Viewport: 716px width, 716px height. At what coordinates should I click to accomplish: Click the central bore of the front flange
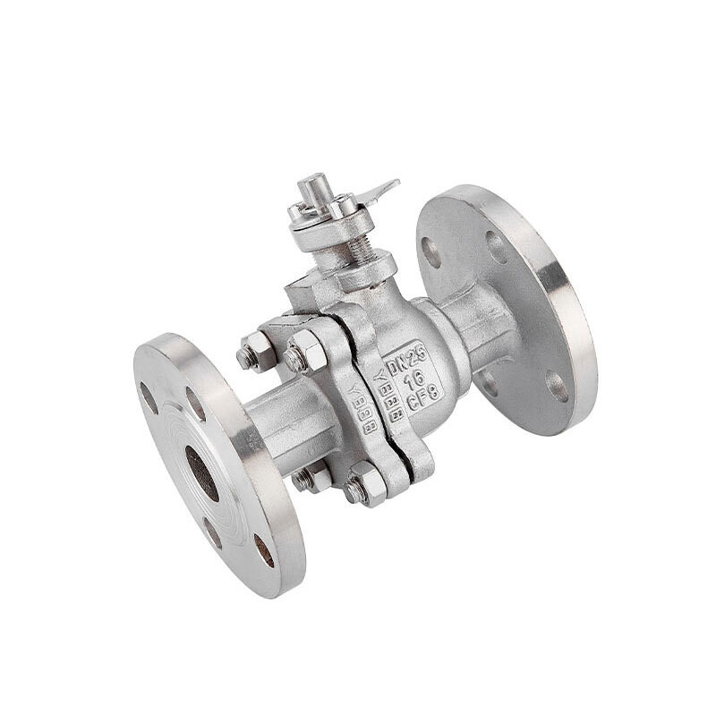(x=201, y=472)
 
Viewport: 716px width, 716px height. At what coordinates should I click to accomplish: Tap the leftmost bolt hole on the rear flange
(x=432, y=251)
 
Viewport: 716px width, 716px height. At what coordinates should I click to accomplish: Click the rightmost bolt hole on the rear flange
(x=557, y=386)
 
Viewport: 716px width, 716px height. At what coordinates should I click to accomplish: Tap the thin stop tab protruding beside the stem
(x=380, y=190)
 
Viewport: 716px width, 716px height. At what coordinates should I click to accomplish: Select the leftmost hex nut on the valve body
(x=253, y=353)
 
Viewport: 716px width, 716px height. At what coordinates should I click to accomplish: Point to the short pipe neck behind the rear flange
(x=474, y=323)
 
